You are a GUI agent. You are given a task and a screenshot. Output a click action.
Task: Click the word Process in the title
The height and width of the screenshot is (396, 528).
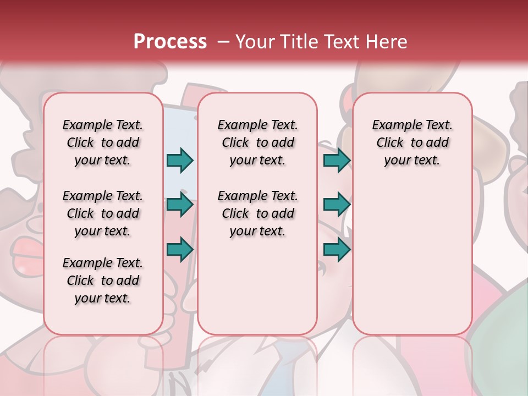(x=170, y=41)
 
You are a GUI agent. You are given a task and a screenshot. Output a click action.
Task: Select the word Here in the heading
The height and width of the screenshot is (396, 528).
(x=388, y=42)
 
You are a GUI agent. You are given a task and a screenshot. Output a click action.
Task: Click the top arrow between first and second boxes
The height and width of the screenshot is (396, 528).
(x=180, y=161)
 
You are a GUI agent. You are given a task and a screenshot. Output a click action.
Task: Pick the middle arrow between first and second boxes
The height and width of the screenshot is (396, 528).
(x=180, y=205)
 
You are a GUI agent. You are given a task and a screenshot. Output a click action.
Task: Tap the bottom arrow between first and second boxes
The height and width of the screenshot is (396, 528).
(x=180, y=250)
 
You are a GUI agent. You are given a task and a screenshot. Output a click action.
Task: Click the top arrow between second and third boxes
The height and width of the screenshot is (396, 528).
(x=337, y=161)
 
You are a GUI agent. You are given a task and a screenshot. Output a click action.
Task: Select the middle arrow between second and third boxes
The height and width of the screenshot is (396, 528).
(x=337, y=205)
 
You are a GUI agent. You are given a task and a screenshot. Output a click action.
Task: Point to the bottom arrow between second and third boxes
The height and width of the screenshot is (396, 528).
(x=337, y=250)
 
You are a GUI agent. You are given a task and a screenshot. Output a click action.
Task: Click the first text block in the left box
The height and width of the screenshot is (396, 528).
(x=103, y=142)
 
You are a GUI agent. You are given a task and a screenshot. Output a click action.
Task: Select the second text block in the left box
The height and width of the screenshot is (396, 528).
(x=103, y=213)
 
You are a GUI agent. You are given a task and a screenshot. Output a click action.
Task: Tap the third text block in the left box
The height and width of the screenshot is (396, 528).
(x=103, y=280)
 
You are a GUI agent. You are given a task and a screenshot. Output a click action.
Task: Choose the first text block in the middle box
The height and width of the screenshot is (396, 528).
(x=257, y=142)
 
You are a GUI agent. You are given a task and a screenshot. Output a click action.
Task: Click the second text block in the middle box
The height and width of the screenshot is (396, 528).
(x=257, y=213)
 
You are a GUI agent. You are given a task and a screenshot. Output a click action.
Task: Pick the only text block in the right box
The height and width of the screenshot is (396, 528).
(x=412, y=142)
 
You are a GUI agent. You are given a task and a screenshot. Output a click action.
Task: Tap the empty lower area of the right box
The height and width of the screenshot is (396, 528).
(x=412, y=258)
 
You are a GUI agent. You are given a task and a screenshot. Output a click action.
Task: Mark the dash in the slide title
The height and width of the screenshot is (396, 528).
(x=223, y=42)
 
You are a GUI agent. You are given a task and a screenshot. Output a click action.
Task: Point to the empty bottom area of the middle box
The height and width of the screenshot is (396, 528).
(x=257, y=291)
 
